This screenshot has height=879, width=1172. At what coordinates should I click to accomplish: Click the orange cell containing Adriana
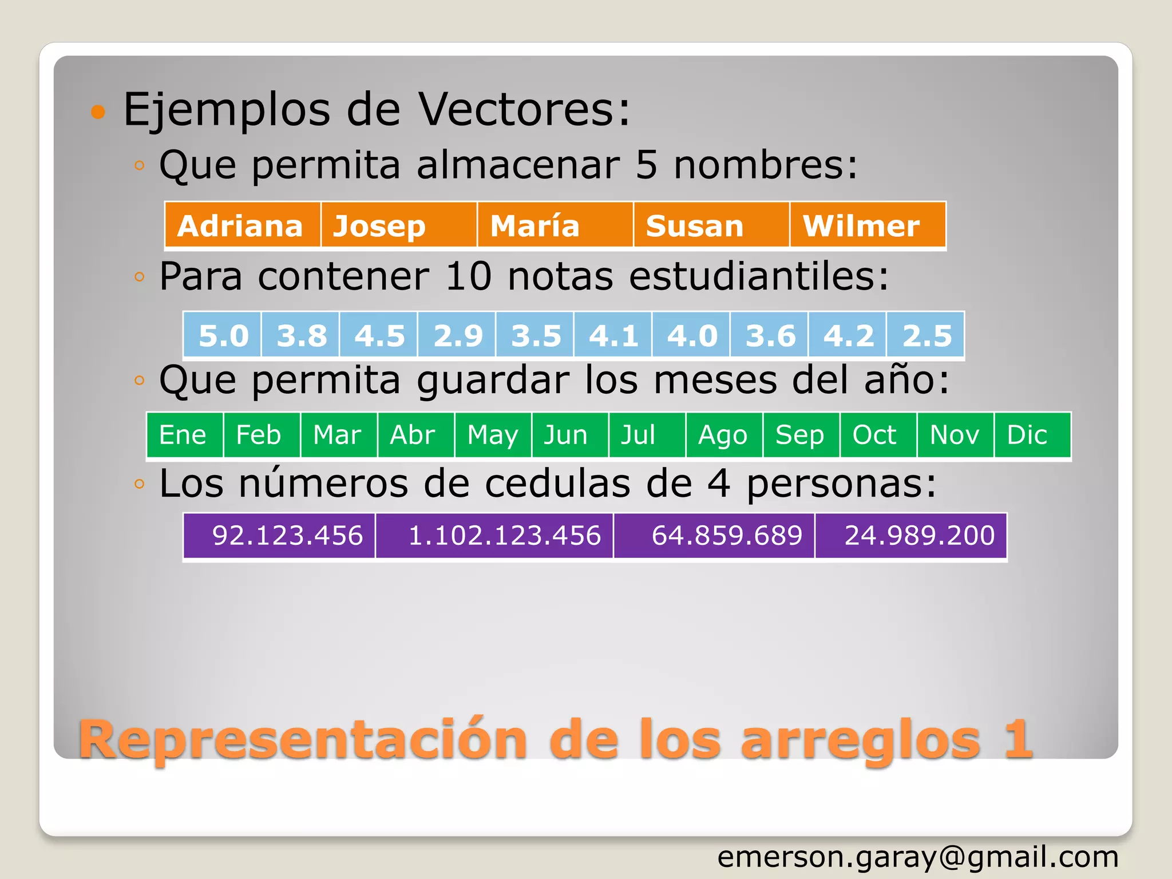242,225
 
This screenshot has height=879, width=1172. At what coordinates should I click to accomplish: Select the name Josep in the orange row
398,225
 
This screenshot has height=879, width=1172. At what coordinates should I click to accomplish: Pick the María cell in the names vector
555,225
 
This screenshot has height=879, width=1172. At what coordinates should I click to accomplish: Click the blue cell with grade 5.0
223,335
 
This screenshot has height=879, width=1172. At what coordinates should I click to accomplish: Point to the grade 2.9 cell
457,335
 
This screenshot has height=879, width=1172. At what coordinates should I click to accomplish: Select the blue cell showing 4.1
613,335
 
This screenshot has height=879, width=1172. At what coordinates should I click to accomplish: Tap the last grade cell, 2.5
926,335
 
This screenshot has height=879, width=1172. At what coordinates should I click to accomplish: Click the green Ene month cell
184,435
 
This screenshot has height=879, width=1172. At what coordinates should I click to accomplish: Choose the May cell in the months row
493,435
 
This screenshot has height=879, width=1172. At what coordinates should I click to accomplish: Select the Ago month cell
724,435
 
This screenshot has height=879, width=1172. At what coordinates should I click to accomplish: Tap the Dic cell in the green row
1031,435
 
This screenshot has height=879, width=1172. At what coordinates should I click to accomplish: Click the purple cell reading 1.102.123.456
495,536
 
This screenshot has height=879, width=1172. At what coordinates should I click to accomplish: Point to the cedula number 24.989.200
911,536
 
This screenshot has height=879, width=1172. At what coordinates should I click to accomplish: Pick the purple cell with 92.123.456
279,536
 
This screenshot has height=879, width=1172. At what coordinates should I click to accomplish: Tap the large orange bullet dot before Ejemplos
98,111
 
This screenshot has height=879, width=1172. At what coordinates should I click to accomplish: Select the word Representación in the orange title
303,739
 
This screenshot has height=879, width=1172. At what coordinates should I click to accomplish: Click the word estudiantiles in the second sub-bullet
759,276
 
